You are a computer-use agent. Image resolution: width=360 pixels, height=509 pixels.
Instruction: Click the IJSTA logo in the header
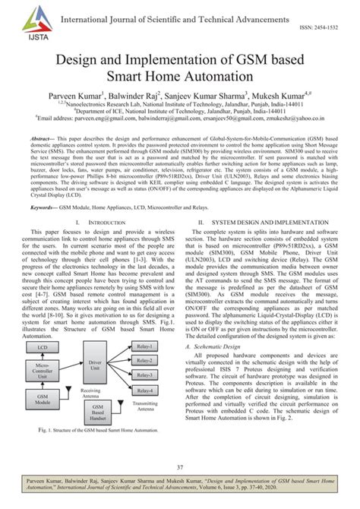pos(29,20)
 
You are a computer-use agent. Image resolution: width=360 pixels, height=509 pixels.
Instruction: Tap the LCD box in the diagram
pos(45,347)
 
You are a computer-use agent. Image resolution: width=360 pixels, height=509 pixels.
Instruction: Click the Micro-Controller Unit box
pos(45,370)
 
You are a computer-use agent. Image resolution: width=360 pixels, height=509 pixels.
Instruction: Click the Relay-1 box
pos(144,346)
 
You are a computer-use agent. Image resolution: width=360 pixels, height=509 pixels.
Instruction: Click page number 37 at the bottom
pos(180,466)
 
